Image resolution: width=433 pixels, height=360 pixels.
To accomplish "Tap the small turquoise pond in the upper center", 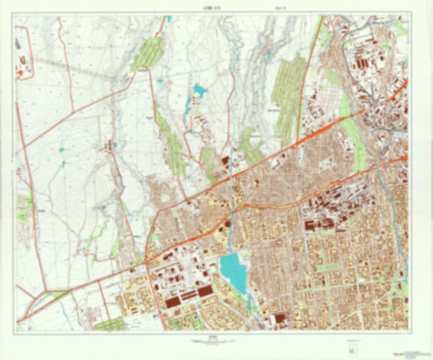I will [x=198, y=89].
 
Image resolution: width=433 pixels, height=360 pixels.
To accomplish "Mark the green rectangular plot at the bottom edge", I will [x=108, y=325].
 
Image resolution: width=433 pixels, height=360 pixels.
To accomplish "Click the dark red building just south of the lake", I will [x=279, y=319].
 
